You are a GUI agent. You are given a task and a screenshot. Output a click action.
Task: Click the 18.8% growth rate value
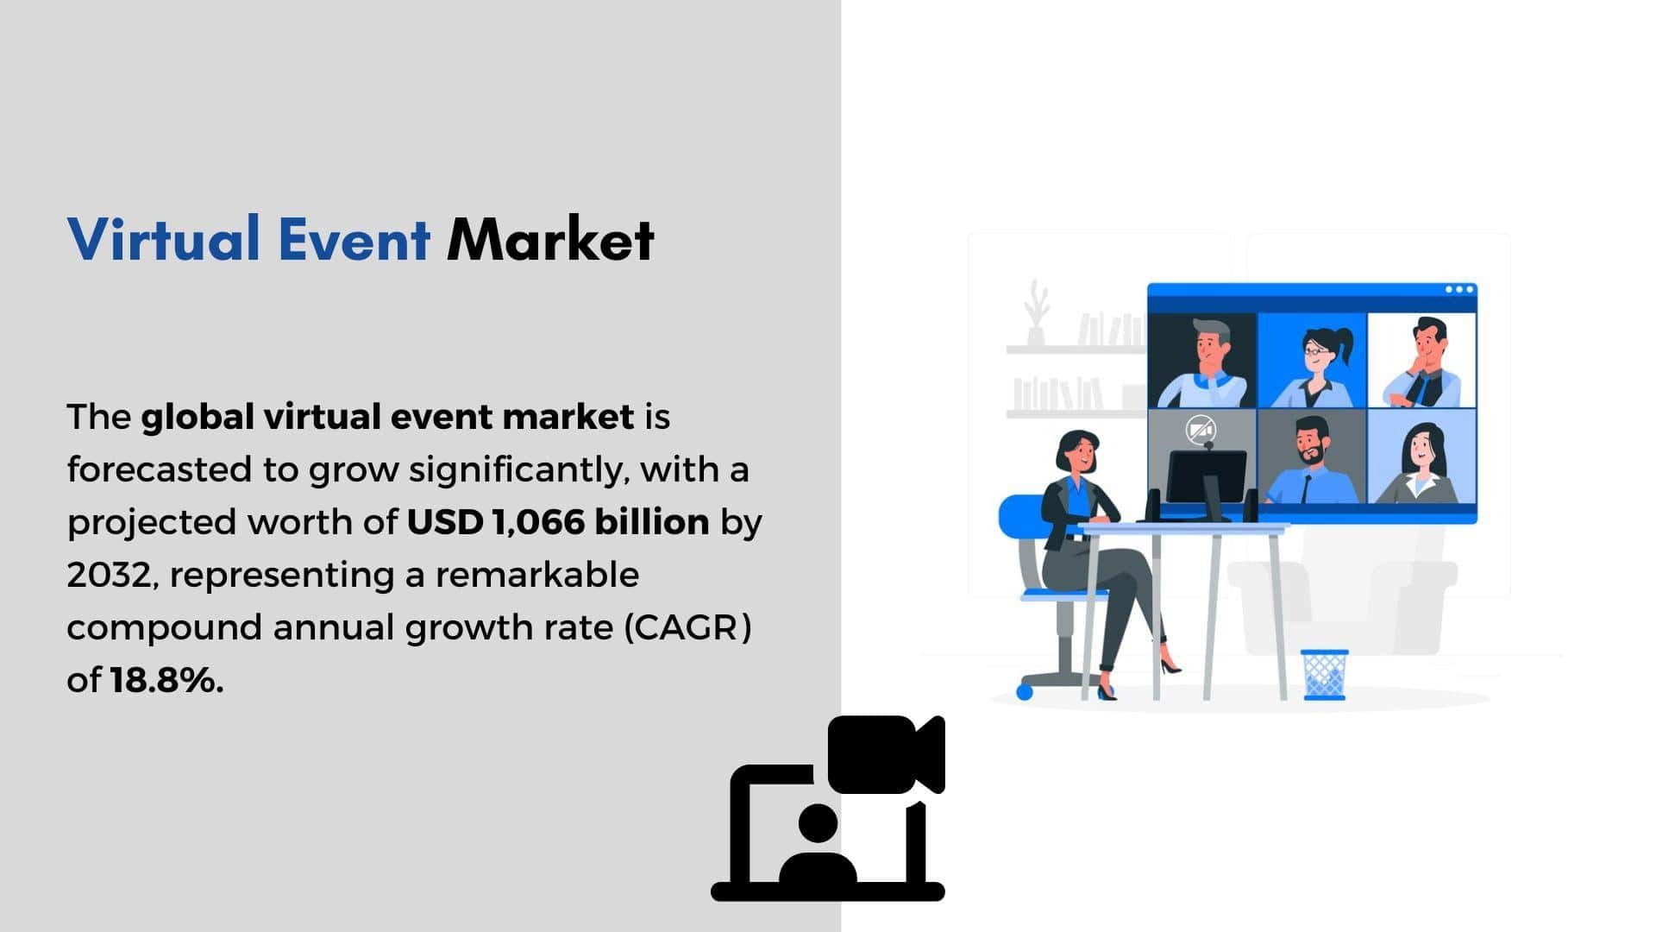coord(166,680)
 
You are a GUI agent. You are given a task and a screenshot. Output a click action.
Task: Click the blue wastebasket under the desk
coord(1324,675)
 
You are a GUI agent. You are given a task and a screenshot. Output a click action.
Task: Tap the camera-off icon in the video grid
coord(1201,429)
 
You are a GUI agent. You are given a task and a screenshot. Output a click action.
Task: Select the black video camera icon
coord(886,754)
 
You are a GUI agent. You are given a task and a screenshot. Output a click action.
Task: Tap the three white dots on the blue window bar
coord(1458,289)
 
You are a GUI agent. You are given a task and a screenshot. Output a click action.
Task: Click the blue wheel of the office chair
coord(1025,691)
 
